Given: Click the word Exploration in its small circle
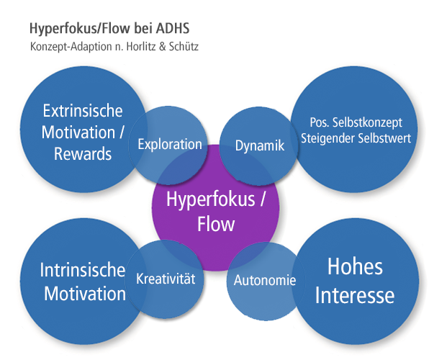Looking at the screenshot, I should pyautogui.click(x=170, y=144).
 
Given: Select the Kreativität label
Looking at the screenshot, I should pyautogui.click(x=166, y=277).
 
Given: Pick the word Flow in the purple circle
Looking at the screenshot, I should pyautogui.click(x=216, y=224).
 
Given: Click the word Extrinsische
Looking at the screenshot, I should pyautogui.click(x=83, y=112).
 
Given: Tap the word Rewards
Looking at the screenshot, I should pyautogui.click(x=83, y=153).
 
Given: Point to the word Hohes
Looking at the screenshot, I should pyautogui.click(x=355, y=267).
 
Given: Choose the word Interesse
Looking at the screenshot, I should pyautogui.click(x=355, y=295).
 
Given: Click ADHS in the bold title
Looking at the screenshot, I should pyautogui.click(x=173, y=30).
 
